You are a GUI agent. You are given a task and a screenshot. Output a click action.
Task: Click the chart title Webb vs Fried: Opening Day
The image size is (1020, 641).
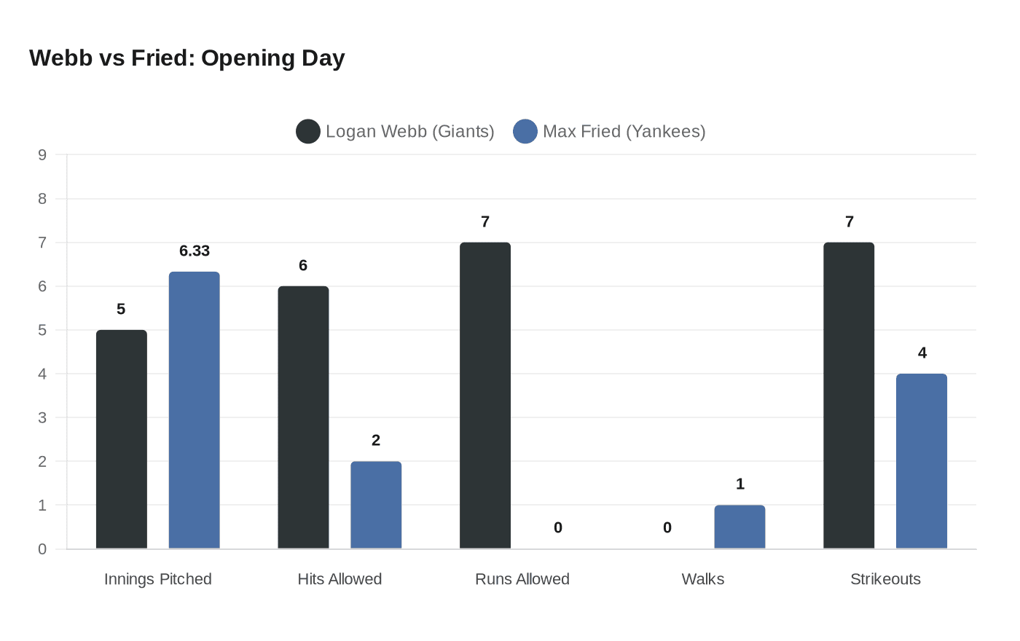(x=187, y=58)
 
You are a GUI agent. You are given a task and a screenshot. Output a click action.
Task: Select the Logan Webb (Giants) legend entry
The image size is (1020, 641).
(x=396, y=132)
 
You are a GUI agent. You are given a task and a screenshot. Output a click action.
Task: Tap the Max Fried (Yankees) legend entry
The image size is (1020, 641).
(x=610, y=132)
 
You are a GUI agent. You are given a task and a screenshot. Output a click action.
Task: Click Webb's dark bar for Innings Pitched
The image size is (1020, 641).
(x=122, y=439)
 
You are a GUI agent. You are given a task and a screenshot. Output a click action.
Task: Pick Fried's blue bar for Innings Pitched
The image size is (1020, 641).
(x=195, y=410)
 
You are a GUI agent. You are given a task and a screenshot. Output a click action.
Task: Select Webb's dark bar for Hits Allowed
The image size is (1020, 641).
(x=303, y=417)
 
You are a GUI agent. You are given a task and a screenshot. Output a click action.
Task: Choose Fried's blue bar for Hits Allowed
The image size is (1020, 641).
(x=376, y=505)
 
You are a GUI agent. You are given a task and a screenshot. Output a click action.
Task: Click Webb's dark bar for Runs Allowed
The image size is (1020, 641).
(x=485, y=396)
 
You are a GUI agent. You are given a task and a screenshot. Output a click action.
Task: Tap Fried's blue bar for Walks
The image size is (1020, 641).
(x=739, y=527)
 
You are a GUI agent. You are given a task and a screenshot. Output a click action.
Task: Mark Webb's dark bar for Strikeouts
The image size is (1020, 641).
(x=849, y=396)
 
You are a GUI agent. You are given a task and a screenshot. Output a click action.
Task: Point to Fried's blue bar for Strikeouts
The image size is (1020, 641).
(x=922, y=461)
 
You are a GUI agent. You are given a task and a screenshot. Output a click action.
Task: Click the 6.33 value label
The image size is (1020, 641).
(x=195, y=251)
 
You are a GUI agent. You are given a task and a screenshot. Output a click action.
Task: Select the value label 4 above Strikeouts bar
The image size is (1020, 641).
(x=922, y=353)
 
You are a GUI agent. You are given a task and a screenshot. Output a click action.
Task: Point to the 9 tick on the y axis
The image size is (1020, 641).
(x=42, y=154)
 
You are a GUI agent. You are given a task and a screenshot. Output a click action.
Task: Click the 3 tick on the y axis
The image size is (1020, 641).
(x=42, y=417)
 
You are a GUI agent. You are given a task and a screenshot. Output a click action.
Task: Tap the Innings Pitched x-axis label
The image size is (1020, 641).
(x=158, y=579)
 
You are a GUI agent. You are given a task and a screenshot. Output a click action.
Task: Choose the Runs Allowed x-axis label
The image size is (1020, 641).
(x=522, y=579)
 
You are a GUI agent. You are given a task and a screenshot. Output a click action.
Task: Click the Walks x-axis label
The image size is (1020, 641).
(x=703, y=579)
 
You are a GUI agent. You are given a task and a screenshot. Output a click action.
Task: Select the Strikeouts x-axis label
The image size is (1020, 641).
(x=885, y=579)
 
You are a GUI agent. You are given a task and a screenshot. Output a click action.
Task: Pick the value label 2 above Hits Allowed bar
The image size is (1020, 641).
(x=376, y=441)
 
